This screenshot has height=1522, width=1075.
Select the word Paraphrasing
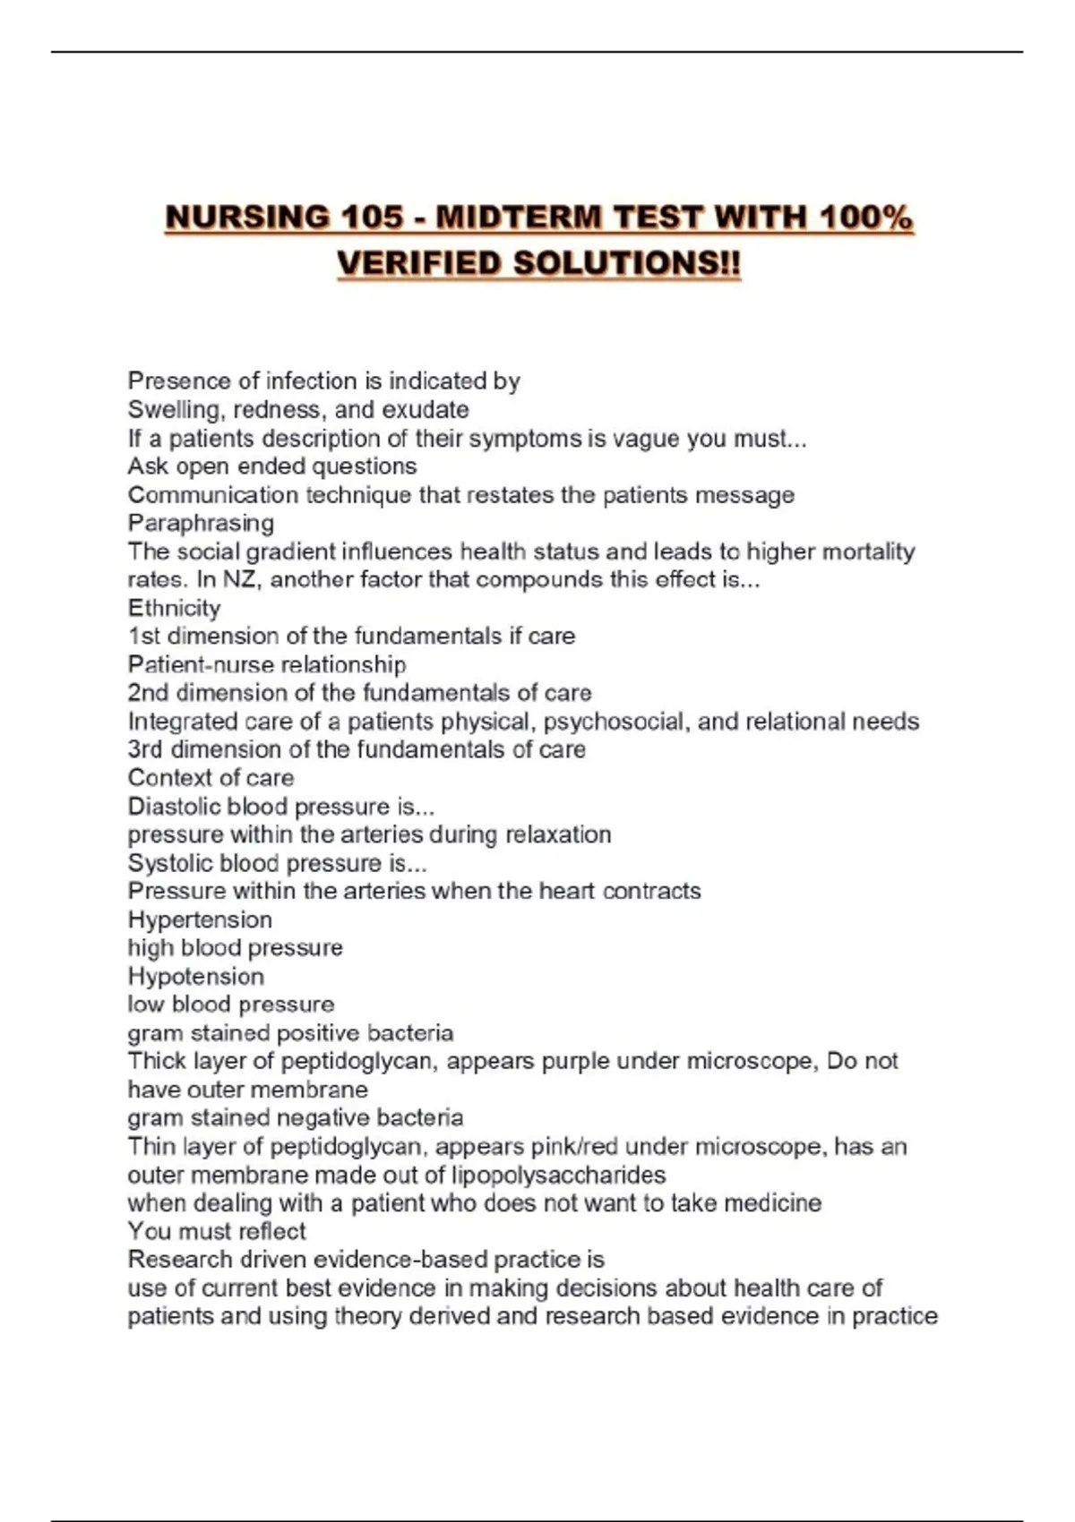[x=201, y=523]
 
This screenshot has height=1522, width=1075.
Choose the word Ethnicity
[x=174, y=608]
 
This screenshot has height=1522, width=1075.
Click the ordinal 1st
[x=144, y=637]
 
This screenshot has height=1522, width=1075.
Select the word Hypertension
[x=200, y=919]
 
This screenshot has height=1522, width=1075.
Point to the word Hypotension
[x=196, y=976]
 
